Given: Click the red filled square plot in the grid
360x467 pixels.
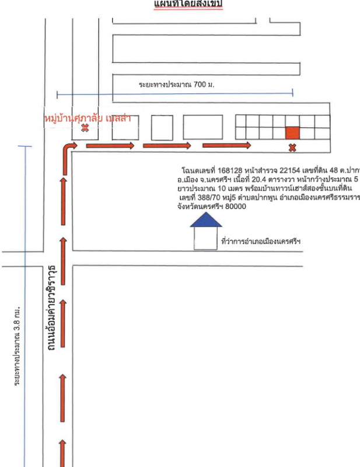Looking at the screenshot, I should pos(292,133).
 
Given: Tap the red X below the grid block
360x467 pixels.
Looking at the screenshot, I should pos(292,148).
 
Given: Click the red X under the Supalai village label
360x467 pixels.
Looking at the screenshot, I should pos(85,128).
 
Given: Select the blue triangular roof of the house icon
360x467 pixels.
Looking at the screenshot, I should pos(206,219).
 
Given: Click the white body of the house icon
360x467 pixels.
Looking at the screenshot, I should pos(206,238).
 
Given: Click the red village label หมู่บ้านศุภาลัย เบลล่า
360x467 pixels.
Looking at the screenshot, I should pos(88,119).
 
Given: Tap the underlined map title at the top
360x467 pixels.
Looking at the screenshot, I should pos(188,5).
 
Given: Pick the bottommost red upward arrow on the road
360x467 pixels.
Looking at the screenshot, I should pos(64,454).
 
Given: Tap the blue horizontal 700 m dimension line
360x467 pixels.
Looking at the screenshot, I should pos(175,92).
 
